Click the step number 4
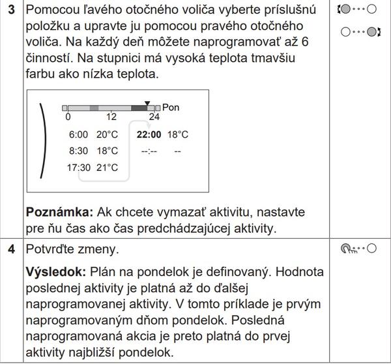point(11,249)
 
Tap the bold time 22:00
point(149,134)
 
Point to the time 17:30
point(81,167)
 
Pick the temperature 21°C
point(108,167)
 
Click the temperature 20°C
point(108,134)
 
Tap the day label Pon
point(170,106)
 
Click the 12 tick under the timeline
point(111,117)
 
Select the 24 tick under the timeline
point(154,117)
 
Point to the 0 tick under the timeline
point(68,117)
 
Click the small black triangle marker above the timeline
point(147,103)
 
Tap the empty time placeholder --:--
point(149,151)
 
